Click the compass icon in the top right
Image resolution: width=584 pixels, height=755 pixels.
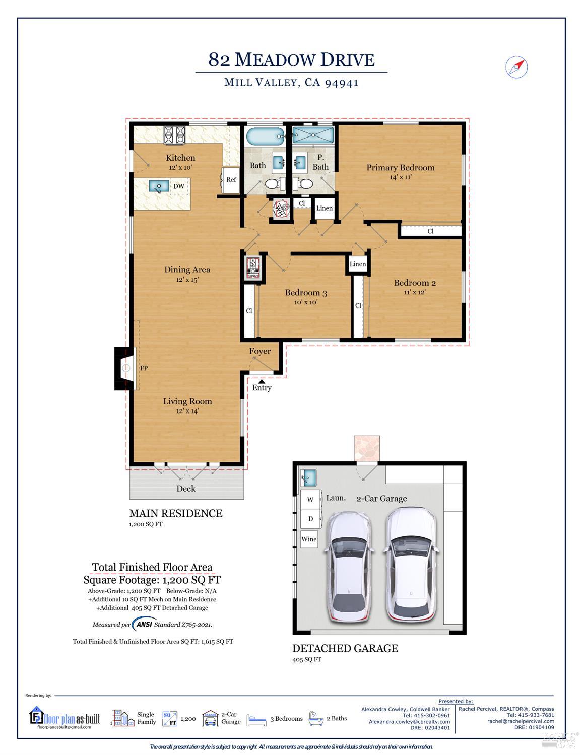[516, 67]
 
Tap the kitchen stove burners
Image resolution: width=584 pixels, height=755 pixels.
[174, 134]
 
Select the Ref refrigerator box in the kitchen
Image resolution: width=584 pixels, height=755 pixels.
[231, 180]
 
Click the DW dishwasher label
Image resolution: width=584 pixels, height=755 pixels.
[179, 186]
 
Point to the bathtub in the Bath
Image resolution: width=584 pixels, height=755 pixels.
[265, 136]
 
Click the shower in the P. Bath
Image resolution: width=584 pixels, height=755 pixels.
[313, 135]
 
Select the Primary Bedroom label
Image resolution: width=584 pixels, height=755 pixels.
[400, 168]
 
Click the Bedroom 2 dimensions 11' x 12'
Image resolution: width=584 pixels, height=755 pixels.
[415, 292]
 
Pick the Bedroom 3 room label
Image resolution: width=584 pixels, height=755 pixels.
[306, 293]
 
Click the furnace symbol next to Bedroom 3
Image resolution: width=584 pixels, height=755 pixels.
[252, 267]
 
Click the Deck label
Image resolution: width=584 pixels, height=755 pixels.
[186, 489]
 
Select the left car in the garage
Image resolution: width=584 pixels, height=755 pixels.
[348, 567]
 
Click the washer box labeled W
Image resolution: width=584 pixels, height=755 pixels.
[310, 500]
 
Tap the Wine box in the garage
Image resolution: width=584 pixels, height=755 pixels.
[309, 539]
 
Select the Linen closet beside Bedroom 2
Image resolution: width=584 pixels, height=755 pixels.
[358, 264]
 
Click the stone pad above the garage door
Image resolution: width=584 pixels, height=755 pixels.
[366, 448]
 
